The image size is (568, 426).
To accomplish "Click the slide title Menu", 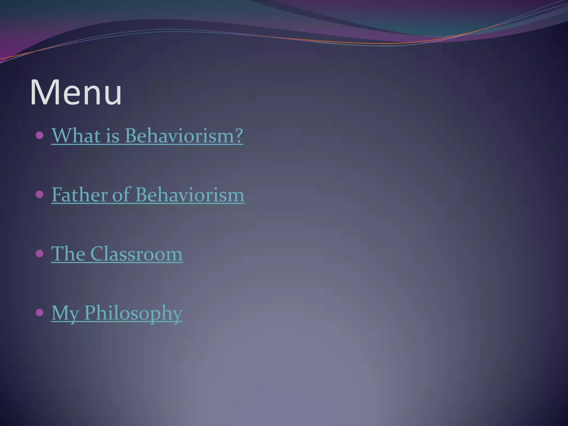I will [x=76, y=92].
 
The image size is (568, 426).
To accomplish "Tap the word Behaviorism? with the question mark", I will [x=184, y=136].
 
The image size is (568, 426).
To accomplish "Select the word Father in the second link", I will [x=79, y=195].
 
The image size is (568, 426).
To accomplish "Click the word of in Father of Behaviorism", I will [x=121, y=195].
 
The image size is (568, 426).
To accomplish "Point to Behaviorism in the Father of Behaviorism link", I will [x=190, y=195].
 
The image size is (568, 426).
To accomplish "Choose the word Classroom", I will [x=136, y=254].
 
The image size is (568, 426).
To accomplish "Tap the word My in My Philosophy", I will [x=65, y=313].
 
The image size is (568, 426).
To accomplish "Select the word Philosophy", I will [x=133, y=313].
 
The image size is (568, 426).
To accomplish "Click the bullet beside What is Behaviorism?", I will [x=40, y=136].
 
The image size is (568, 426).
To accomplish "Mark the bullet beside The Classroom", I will [x=40, y=254].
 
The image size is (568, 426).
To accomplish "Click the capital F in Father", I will [x=57, y=195].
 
